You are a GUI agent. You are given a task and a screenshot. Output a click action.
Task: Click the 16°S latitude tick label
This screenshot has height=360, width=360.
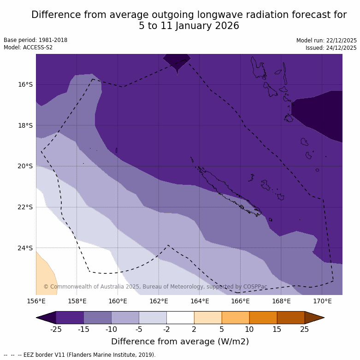[x=25, y=84]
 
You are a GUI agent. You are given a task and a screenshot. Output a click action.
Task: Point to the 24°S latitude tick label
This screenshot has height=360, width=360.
[x=25, y=248]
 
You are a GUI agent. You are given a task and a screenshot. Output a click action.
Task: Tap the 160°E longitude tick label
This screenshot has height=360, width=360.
[x=118, y=301]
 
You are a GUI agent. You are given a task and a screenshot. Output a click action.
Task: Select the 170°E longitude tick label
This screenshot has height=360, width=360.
[x=322, y=301]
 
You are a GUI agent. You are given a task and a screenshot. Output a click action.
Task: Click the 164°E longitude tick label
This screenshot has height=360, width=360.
[x=200, y=301]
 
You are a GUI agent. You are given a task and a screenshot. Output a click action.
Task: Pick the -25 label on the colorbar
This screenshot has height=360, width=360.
[x=56, y=329]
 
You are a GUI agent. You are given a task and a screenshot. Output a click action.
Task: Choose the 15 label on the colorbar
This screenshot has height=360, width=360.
[x=277, y=329]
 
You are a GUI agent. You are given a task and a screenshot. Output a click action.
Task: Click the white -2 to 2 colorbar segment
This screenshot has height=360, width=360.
[x=180, y=318]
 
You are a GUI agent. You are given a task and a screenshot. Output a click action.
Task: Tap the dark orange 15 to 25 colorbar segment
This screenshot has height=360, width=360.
[x=291, y=318]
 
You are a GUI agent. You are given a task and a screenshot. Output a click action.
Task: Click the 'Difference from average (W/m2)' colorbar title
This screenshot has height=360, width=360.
[x=180, y=342]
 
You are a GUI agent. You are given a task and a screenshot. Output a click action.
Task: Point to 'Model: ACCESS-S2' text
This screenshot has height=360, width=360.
[x=28, y=47]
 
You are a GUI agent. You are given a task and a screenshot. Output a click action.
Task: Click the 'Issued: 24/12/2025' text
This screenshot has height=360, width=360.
[x=331, y=47]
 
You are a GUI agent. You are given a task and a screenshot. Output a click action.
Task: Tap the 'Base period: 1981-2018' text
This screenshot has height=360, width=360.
[x=35, y=40]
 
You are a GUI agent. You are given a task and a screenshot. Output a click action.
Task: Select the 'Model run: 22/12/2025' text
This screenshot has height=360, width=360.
[x=326, y=40]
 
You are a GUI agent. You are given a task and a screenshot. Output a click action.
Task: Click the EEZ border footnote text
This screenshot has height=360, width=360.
[x=80, y=355]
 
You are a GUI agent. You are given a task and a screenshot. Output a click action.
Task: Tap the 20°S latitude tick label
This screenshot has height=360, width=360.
[x=25, y=166]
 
